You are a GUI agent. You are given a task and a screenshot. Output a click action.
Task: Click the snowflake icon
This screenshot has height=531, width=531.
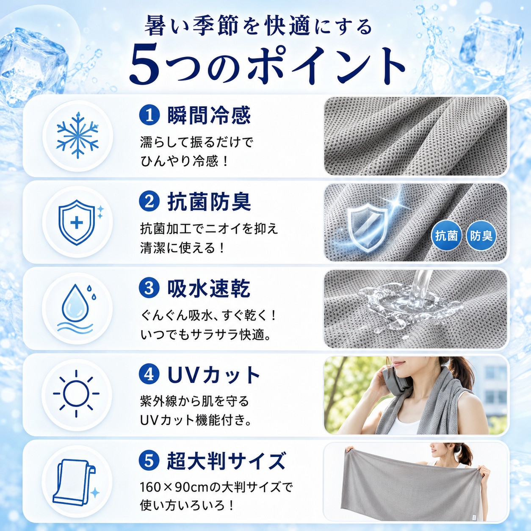coord(77,136)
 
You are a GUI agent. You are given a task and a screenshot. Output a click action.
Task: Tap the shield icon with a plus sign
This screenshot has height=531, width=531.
coord(77,222)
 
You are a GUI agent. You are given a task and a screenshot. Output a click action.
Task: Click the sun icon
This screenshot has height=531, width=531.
coord(76,393)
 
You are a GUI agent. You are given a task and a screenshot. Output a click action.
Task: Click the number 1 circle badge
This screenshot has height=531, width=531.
coord(149,116)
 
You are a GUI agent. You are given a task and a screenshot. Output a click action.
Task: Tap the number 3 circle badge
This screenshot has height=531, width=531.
coord(149,288)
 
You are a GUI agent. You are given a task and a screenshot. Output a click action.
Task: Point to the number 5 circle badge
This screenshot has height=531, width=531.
coord(149,461)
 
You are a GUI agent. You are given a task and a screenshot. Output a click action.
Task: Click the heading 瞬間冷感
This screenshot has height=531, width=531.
coord(209,116)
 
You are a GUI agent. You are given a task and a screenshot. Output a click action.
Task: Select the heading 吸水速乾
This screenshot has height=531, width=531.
coord(209,288)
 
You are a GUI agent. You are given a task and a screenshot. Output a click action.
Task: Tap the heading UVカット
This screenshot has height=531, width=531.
coord(213,375)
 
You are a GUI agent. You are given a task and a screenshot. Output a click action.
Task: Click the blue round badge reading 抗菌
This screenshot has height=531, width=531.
coord(446,235)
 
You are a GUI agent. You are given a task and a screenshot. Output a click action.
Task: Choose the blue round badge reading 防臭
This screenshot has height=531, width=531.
coord(481,235)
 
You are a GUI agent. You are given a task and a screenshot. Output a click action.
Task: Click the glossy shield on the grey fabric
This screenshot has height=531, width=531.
coord(365,228)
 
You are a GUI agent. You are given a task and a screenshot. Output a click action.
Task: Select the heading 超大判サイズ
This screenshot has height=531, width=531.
coord(226,461)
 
